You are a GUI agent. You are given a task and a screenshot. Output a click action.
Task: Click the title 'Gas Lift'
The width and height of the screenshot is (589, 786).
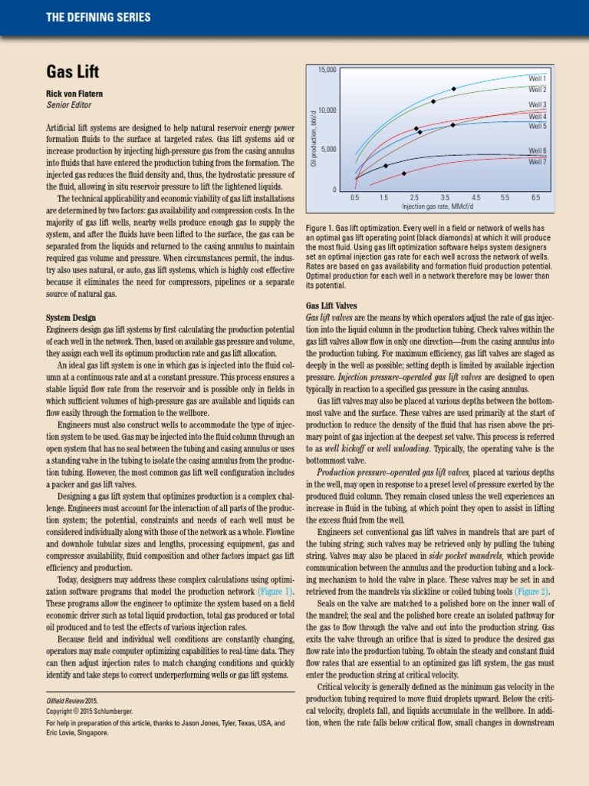pyautogui.click(x=73, y=72)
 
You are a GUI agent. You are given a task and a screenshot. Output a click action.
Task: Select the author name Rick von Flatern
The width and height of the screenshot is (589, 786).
pyautogui.click(x=75, y=94)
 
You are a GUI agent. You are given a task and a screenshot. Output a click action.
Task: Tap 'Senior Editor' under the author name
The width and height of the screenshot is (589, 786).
pyautogui.click(x=69, y=105)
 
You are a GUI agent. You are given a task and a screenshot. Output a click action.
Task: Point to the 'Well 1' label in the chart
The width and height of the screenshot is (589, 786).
pyautogui.click(x=537, y=78)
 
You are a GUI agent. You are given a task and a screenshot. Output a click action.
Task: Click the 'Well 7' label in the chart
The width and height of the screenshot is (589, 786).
pyautogui.click(x=537, y=162)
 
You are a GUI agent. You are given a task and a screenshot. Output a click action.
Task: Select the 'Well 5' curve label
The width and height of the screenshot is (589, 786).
pyautogui.click(x=537, y=126)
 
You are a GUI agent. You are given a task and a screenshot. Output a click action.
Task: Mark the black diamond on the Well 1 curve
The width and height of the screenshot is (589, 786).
pyautogui.click(x=454, y=89)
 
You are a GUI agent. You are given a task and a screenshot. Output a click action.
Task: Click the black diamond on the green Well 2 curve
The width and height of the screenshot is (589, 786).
pyautogui.click(x=433, y=101)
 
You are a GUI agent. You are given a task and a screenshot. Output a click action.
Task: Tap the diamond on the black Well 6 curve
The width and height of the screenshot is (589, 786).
pyautogui.click(x=386, y=166)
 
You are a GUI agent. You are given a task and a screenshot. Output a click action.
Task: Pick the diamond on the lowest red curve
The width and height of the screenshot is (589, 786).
pyautogui.click(x=404, y=173)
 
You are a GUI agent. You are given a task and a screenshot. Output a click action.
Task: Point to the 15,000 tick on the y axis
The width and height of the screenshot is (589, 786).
pyautogui.click(x=327, y=71)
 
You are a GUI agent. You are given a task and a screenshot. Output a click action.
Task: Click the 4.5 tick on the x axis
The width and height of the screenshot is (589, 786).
pyautogui.click(x=476, y=198)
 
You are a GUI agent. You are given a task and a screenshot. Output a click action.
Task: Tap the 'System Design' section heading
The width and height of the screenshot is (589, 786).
pyautogui.click(x=71, y=317)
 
